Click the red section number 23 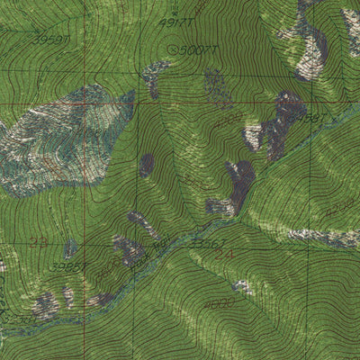[x=38, y=241]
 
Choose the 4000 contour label [x=218, y=303]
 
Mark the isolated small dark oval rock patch [x=146, y=165]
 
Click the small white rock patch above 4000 [x=241, y=287]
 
